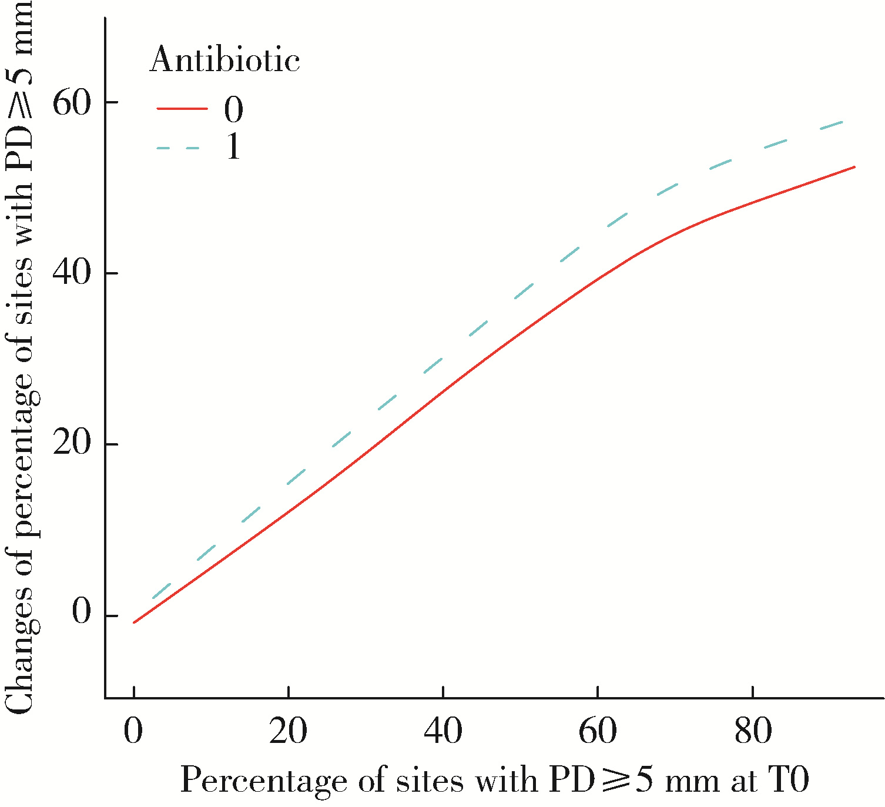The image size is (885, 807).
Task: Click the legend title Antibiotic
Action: [224, 60]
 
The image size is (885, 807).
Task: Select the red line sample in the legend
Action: [182, 109]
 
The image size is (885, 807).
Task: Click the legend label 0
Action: [233, 109]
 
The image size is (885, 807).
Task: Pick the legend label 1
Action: [233, 147]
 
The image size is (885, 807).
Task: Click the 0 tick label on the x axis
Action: [134, 732]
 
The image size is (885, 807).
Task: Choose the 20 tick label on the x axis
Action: [288, 732]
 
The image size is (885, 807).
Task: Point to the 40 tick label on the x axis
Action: [443, 732]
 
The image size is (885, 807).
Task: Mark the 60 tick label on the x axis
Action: [598, 732]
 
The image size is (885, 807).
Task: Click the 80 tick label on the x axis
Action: [753, 732]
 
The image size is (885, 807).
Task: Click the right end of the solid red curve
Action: [854, 167]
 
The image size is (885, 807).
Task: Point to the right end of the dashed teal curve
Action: [843, 121]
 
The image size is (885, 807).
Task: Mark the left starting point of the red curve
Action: [135, 622]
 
